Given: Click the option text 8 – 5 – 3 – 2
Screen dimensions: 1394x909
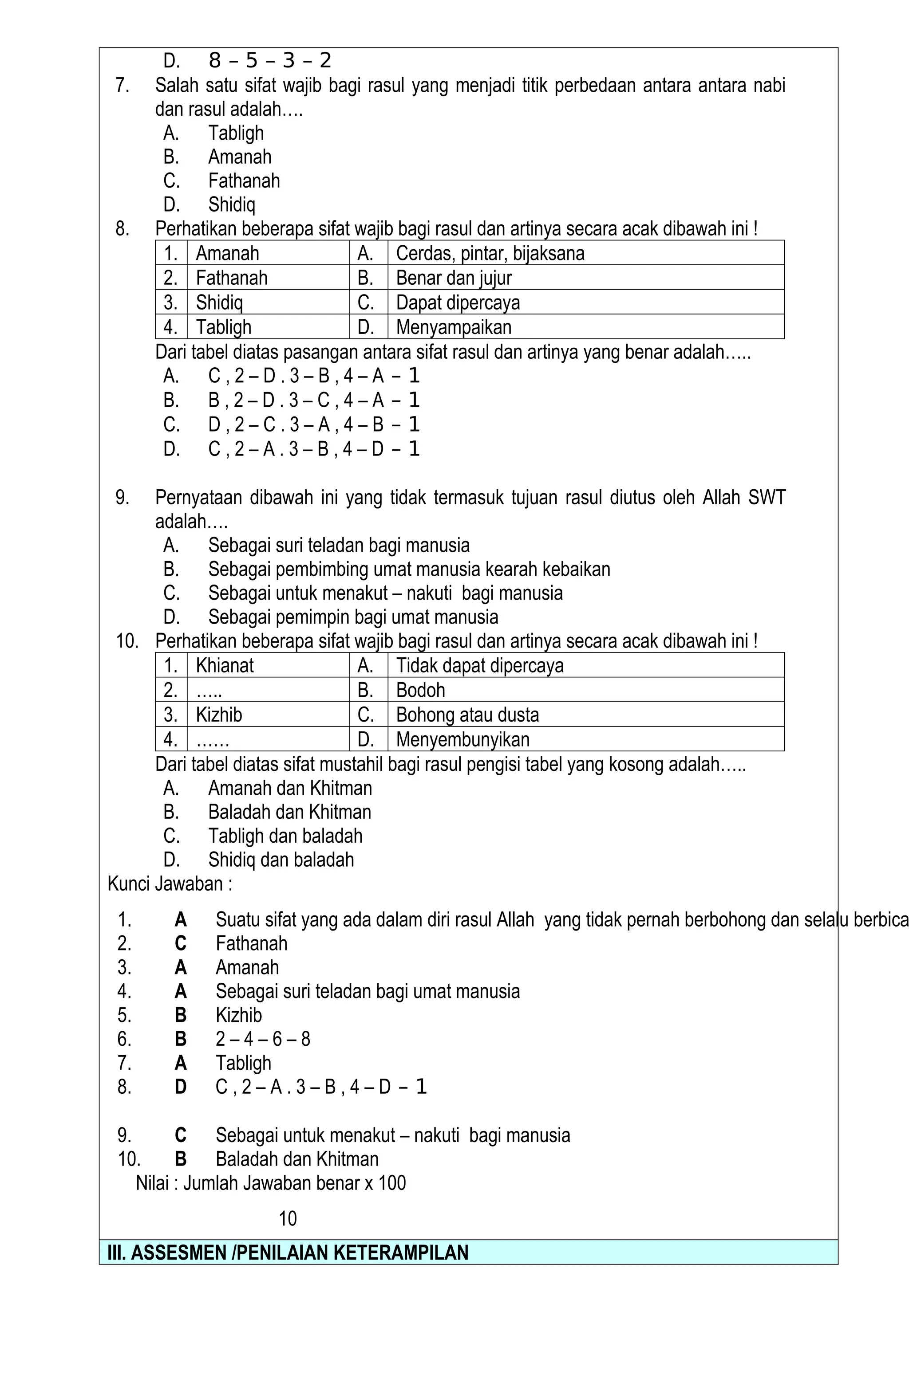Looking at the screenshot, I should coord(269,60).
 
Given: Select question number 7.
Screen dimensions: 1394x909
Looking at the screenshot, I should coord(122,86).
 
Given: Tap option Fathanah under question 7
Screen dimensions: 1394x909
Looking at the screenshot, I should coord(244,181).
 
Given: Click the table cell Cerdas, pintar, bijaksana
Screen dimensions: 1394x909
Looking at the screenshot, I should coord(490,253).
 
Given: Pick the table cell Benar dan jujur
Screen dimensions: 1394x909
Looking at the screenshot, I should coord(454,278).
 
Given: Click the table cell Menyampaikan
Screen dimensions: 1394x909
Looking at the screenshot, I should coord(454,327).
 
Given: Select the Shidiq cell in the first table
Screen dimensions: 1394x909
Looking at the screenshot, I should coord(219,302).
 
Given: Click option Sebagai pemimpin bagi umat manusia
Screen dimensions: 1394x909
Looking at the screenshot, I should coord(353,617).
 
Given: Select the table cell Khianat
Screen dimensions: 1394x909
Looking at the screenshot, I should coord(225,665).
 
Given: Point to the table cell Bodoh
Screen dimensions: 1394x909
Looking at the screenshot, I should coord(420,690).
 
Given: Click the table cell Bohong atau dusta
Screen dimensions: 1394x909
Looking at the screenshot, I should coord(467,715).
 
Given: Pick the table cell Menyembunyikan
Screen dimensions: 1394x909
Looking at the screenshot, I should coord(462,739).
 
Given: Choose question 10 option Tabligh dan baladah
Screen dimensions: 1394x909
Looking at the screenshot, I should coord(285,836).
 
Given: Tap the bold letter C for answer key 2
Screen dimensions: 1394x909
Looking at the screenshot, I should coord(181,943).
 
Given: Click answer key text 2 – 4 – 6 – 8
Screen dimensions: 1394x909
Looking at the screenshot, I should coord(263,1039).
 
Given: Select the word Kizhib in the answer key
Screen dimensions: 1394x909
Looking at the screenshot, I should coord(238,1015).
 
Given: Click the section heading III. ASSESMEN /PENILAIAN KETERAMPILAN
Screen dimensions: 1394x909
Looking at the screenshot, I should coord(288,1252).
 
